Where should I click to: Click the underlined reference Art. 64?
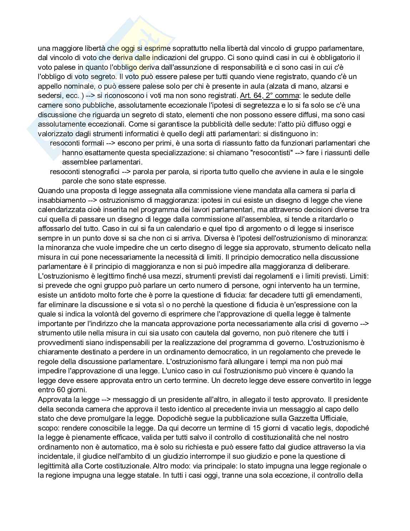(x=251, y=95)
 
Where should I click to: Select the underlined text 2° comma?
(x=282, y=95)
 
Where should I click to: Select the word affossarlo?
(x=54, y=228)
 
